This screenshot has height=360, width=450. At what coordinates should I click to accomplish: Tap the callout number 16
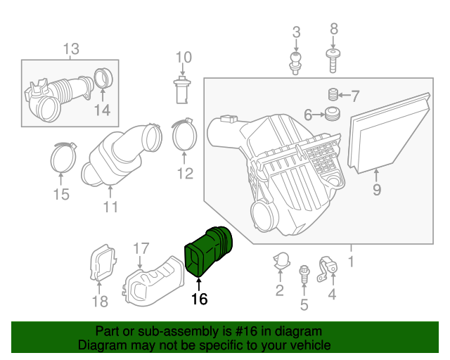tap(200, 300)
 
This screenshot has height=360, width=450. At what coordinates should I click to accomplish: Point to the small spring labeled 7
tap(334, 95)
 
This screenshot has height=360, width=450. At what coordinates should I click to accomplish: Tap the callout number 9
tap(377, 188)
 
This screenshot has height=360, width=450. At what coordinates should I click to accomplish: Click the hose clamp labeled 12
tap(184, 135)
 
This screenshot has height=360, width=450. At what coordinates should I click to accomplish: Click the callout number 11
tap(110, 207)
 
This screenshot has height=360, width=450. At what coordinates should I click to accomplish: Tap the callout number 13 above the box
tap(72, 49)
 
